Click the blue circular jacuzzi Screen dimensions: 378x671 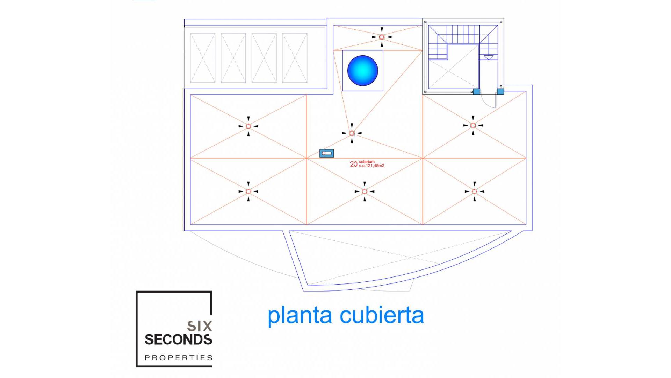click(x=362, y=70)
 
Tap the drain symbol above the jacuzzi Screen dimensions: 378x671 click(x=382, y=37)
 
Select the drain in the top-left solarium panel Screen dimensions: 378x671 click(x=248, y=126)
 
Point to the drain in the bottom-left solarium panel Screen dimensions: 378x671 click(x=248, y=191)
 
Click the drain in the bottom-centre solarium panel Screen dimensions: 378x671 click(x=365, y=191)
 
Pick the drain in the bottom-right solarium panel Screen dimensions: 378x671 click(x=474, y=191)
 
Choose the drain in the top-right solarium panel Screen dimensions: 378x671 click(x=473, y=125)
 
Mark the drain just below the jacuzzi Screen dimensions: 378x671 click(x=352, y=133)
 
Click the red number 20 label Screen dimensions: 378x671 click(x=353, y=164)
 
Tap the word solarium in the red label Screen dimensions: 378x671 click(x=367, y=162)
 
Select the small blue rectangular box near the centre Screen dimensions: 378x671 click(x=326, y=153)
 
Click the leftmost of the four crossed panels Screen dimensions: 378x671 click(x=202, y=58)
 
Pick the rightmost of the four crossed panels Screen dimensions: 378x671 click(x=295, y=58)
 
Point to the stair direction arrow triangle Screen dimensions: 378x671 click(x=488, y=57)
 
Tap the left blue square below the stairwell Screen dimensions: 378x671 click(x=476, y=92)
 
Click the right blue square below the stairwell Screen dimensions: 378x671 click(x=500, y=92)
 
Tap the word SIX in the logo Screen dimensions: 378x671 click(x=200, y=326)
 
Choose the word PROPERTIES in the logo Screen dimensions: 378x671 click(x=179, y=358)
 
